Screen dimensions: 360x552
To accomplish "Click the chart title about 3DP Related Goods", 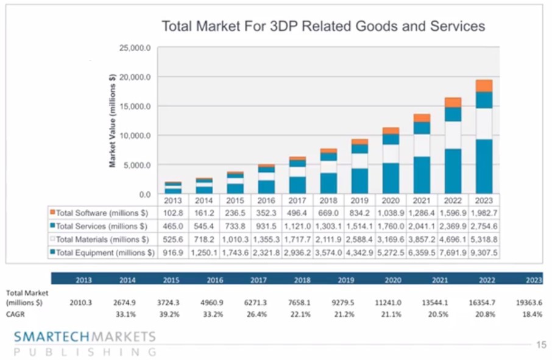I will pos(322,27).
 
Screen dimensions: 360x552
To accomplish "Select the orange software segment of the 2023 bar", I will pos(484,86).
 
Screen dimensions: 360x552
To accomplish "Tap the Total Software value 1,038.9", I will pos(391,211).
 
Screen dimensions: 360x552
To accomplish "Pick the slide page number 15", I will pos(541,345).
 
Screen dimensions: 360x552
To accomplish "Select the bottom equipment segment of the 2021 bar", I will pos(422,175).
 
